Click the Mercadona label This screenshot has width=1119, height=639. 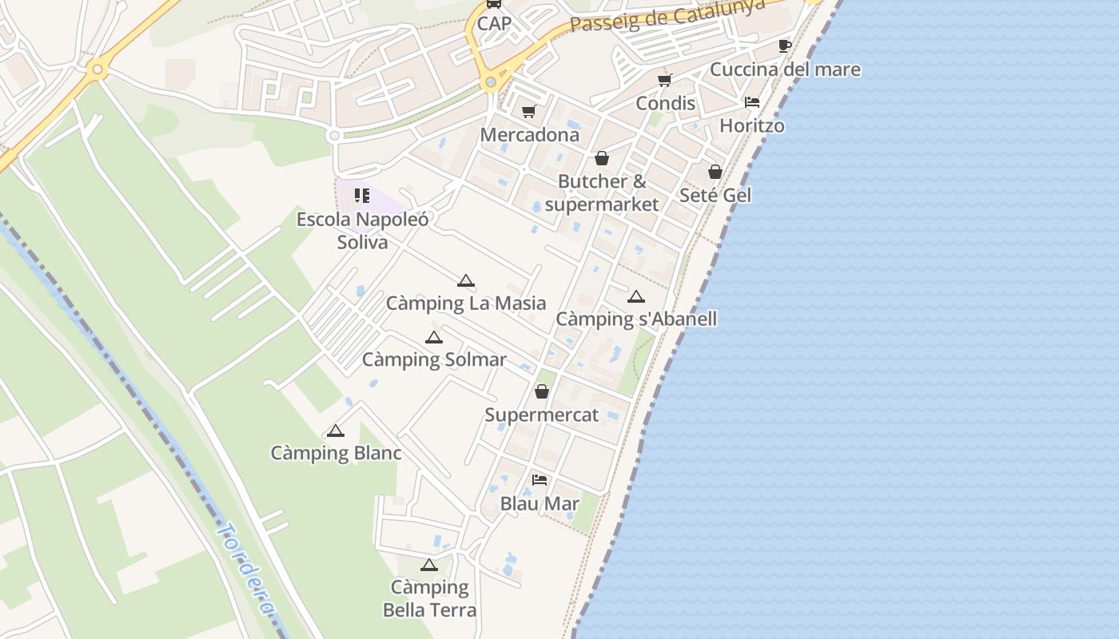529,135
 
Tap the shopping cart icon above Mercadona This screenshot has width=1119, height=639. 528,111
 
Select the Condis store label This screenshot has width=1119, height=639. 665,103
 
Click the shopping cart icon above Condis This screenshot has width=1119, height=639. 664,80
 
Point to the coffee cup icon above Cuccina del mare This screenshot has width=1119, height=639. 784,46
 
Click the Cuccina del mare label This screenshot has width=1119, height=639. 785,69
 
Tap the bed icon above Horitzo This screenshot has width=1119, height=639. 751,102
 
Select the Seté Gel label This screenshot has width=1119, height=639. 715,195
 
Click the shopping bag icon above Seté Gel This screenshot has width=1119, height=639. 715,172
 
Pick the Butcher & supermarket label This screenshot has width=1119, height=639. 602,192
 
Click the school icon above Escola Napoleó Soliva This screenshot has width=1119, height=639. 362,196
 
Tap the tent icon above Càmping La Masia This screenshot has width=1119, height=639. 466,280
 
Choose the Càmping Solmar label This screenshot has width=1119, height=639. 434,360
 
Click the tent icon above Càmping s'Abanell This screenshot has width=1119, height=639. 636,297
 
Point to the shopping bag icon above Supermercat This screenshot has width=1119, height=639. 542,391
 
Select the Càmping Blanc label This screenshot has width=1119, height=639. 336,454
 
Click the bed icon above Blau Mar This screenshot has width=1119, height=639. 540,480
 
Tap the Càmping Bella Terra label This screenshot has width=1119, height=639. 429,599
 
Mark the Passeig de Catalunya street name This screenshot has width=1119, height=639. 667,15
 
